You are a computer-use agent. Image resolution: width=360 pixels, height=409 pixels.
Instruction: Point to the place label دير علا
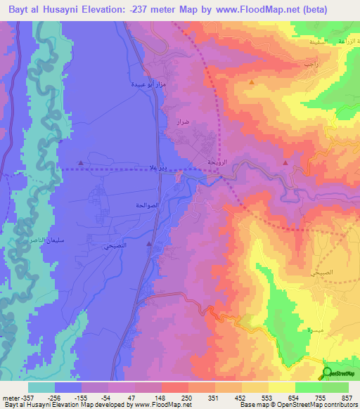click(157, 169)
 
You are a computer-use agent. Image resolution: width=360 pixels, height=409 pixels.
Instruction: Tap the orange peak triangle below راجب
click(251, 82)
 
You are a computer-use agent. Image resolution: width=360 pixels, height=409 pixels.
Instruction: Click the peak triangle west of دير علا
click(81, 163)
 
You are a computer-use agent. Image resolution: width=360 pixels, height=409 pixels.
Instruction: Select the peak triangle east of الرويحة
click(285, 163)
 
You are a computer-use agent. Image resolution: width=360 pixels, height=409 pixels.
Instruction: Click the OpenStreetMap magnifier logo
click(328, 373)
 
